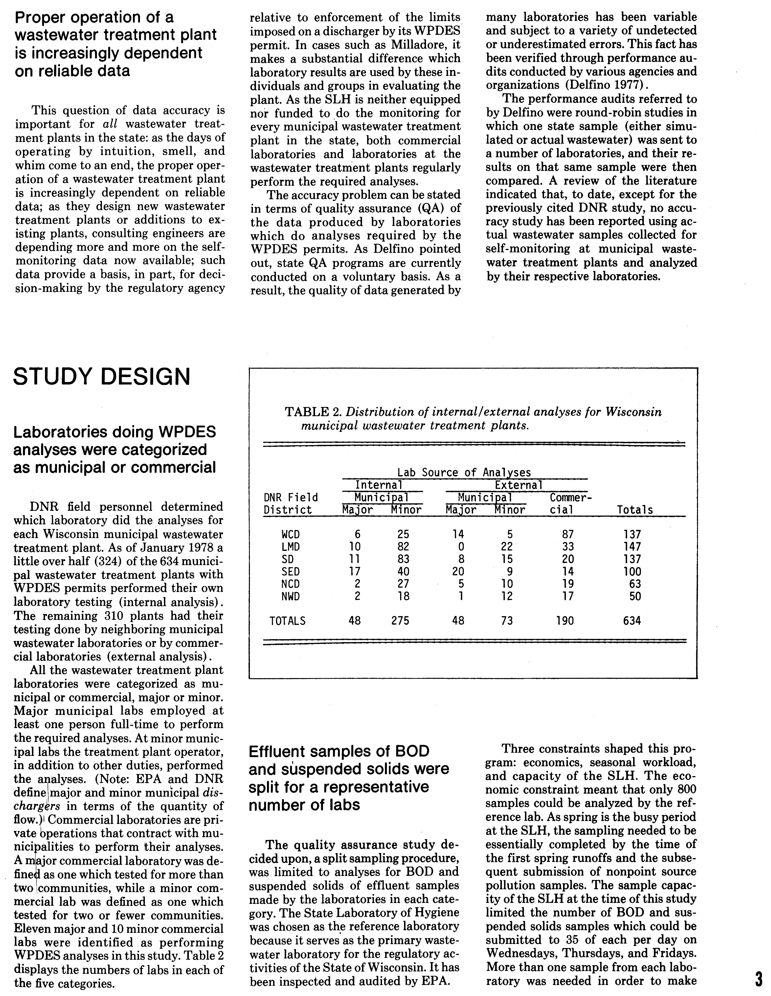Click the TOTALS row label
[288, 621]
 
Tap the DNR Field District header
[291, 503]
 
